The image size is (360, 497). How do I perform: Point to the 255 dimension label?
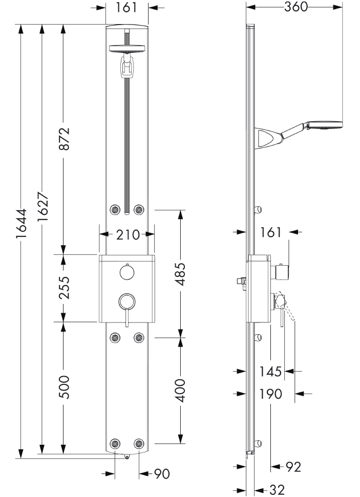click(x=63, y=289)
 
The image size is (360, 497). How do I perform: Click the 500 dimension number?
click(x=63, y=387)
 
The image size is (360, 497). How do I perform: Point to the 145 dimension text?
click(x=270, y=371)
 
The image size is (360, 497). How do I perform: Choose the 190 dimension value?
click(x=270, y=394)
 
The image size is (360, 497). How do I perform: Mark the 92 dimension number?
click(x=293, y=466)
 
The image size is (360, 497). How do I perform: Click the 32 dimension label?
click(x=277, y=490)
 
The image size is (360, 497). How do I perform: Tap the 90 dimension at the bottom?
click(x=162, y=474)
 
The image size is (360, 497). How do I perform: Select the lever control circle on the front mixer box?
click(x=126, y=301)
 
